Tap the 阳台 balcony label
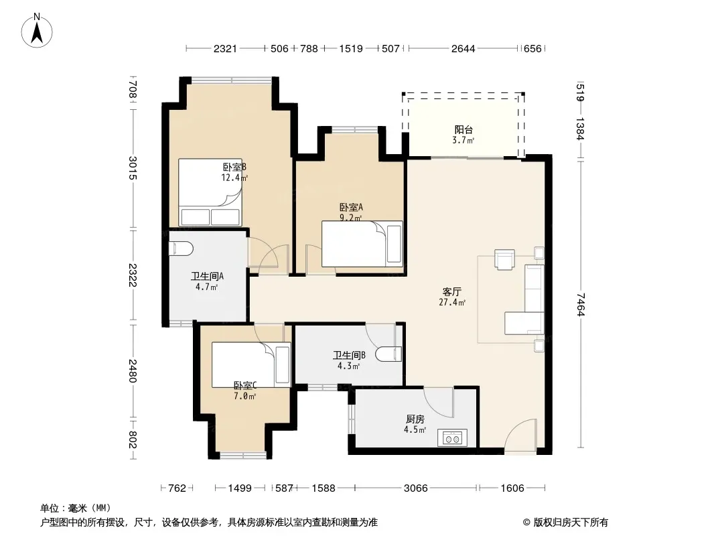tap(463, 130)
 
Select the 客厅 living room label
tap(451, 292)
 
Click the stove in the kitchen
tap(452, 438)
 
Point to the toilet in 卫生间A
tap(181, 249)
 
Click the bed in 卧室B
tap(210, 192)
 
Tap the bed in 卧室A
tap(362, 244)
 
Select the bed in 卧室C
tap(251, 364)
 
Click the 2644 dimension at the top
tap(463, 48)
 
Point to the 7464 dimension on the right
tap(580, 304)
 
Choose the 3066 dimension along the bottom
tap(416, 488)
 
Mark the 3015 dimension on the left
tap(132, 168)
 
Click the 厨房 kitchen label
tap(415, 419)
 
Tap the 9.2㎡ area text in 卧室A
tap(350, 218)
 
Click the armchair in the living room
tap(504, 259)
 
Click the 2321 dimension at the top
tap(226, 48)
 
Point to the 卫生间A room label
tap(207, 277)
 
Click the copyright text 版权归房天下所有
tap(571, 523)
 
